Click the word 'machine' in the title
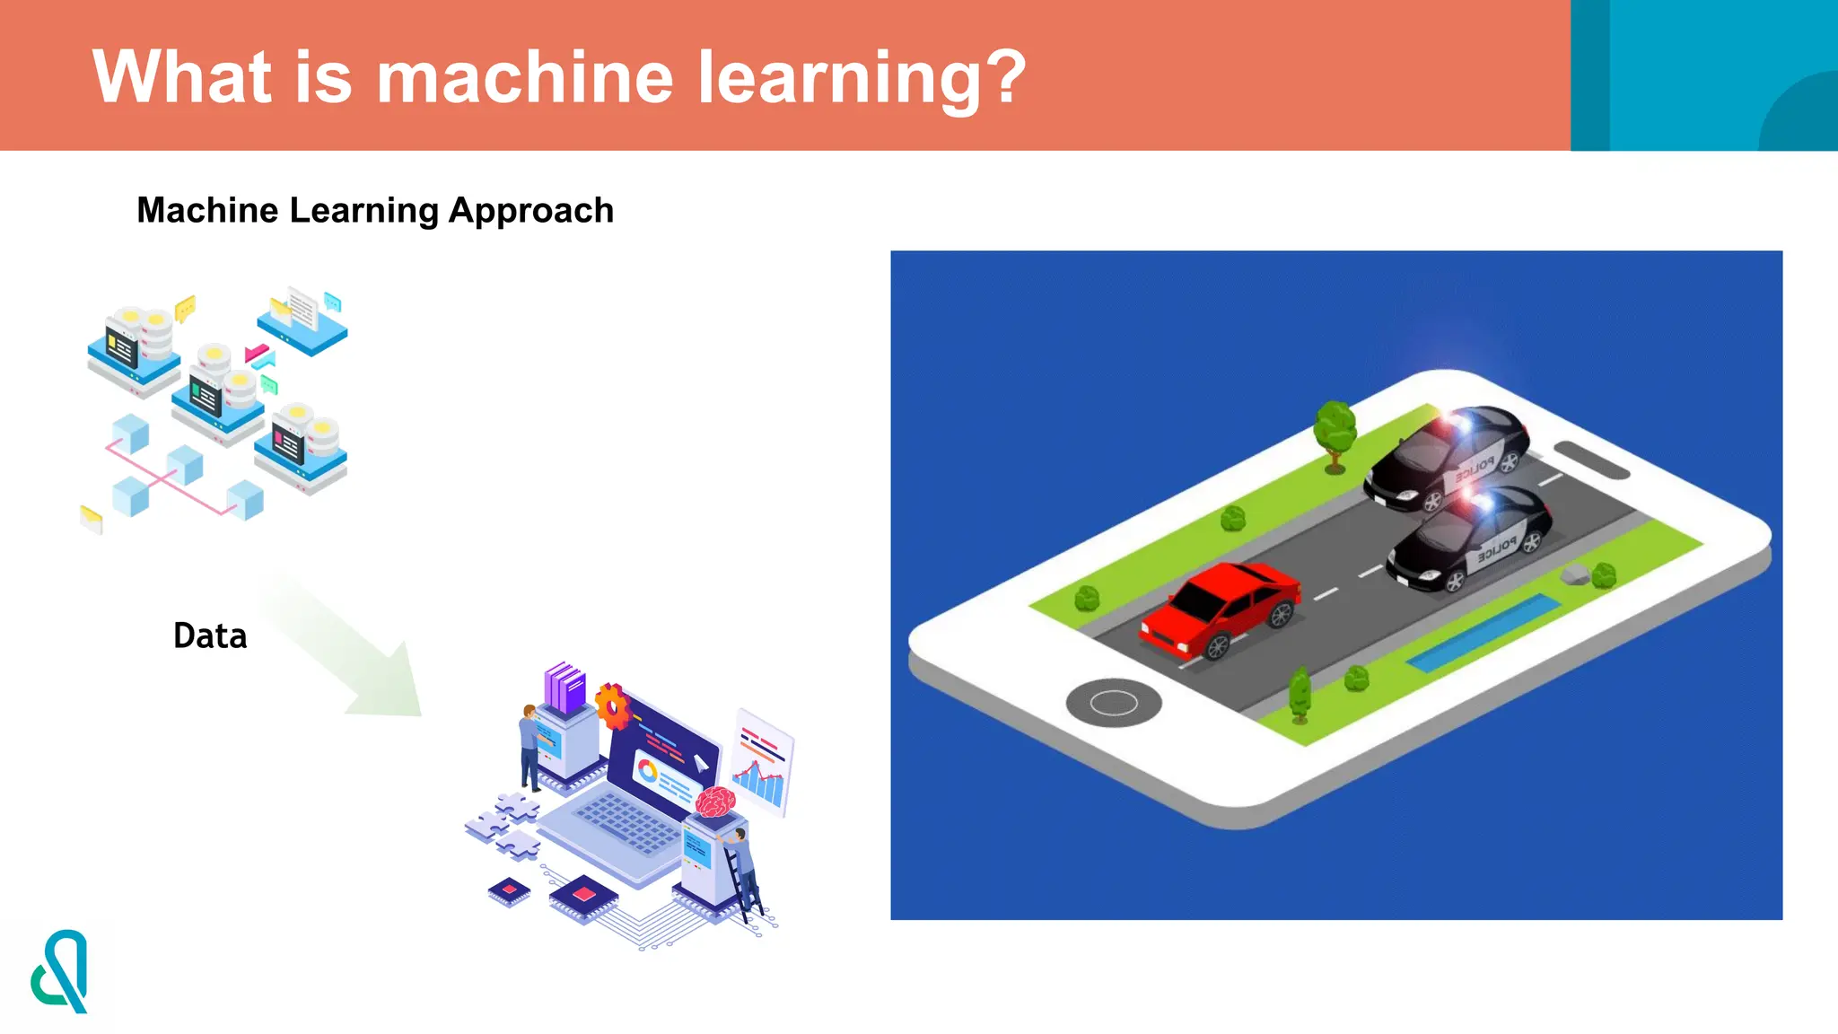click(x=524, y=77)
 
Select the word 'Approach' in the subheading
click(x=530, y=210)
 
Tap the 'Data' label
click(x=210, y=635)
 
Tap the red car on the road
click(x=1221, y=608)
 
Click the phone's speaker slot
click(x=1590, y=460)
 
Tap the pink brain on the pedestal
click(x=715, y=801)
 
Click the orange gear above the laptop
click(x=614, y=705)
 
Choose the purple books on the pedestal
click(x=565, y=687)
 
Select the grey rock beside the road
click(x=1574, y=575)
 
